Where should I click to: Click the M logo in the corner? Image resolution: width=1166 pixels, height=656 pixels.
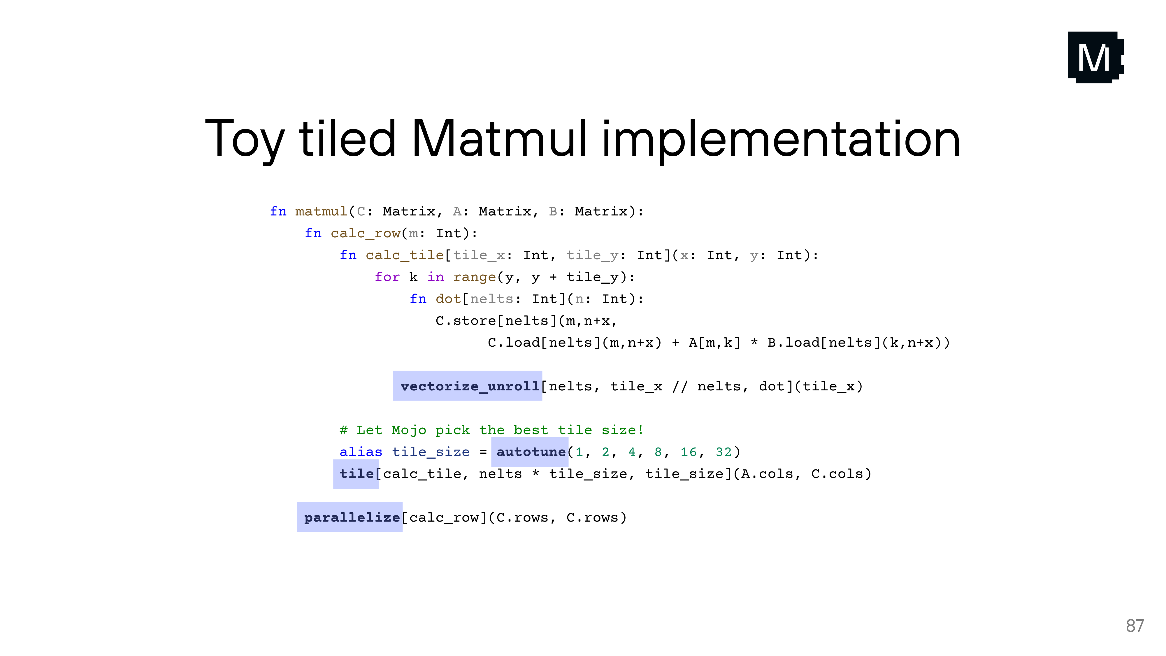pos(1095,57)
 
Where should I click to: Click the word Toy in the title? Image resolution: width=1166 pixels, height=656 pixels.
pos(245,139)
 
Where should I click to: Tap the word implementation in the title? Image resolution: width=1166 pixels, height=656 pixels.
pos(781,139)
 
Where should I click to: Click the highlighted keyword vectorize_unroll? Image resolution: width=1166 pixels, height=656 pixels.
pos(469,386)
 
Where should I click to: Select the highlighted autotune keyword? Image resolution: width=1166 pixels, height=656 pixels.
pos(531,452)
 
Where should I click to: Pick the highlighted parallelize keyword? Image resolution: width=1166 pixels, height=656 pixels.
pos(352,518)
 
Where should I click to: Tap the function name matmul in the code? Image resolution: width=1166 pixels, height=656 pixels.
pos(321,211)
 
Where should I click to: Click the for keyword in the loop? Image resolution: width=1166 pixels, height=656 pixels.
pos(387,277)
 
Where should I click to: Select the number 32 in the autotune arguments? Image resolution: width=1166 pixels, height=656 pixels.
pos(723,452)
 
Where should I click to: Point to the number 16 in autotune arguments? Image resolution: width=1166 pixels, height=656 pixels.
pos(689,452)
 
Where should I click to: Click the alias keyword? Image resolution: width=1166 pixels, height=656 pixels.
pos(361,452)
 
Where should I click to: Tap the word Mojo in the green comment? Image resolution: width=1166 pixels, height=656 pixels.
pos(409,430)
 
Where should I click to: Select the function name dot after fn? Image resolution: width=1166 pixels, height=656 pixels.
pos(448,299)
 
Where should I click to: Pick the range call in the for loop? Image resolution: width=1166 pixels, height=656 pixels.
pos(474,277)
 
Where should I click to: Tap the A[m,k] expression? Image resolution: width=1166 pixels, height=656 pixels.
pos(714,343)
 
